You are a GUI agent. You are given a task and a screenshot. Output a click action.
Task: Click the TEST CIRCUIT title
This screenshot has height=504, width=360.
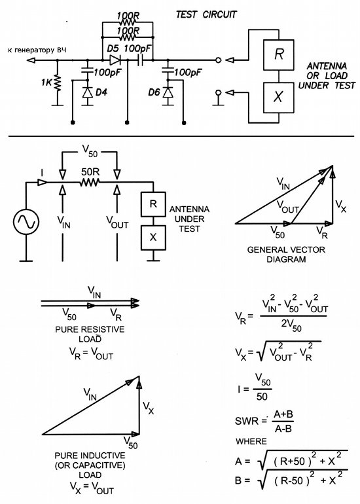(x=206, y=14)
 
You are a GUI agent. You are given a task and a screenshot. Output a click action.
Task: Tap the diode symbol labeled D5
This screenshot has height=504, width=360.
(x=115, y=60)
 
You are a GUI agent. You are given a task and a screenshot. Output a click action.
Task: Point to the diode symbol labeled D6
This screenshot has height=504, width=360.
(x=168, y=92)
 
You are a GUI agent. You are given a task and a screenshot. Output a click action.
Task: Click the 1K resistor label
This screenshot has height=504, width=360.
(x=46, y=82)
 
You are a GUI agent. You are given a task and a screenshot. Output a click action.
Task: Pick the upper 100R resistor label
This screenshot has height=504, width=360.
(x=128, y=15)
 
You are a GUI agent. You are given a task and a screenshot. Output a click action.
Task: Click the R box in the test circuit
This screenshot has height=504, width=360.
(x=278, y=55)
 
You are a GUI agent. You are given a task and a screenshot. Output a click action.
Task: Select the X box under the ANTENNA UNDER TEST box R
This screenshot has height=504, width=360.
(x=153, y=238)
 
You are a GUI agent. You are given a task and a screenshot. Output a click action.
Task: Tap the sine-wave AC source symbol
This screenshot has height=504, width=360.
(x=26, y=222)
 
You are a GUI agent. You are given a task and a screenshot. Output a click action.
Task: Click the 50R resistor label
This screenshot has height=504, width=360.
(x=90, y=172)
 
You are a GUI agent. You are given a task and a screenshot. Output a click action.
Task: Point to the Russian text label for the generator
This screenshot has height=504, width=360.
(x=37, y=50)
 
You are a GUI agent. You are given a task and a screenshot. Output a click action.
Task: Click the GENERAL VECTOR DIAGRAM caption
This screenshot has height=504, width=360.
(x=286, y=254)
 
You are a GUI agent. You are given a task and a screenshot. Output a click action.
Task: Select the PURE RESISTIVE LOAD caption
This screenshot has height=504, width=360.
(x=90, y=334)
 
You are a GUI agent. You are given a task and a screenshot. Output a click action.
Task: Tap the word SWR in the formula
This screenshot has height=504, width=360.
(x=247, y=421)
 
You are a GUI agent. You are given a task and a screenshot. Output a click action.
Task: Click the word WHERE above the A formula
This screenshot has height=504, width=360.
(x=251, y=441)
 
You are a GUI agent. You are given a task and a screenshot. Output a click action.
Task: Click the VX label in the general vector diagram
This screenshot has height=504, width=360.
(x=341, y=206)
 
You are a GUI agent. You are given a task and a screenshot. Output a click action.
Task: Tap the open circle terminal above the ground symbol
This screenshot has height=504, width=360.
(x=218, y=93)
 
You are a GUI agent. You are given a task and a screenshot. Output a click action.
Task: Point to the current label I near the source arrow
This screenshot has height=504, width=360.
(x=42, y=173)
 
